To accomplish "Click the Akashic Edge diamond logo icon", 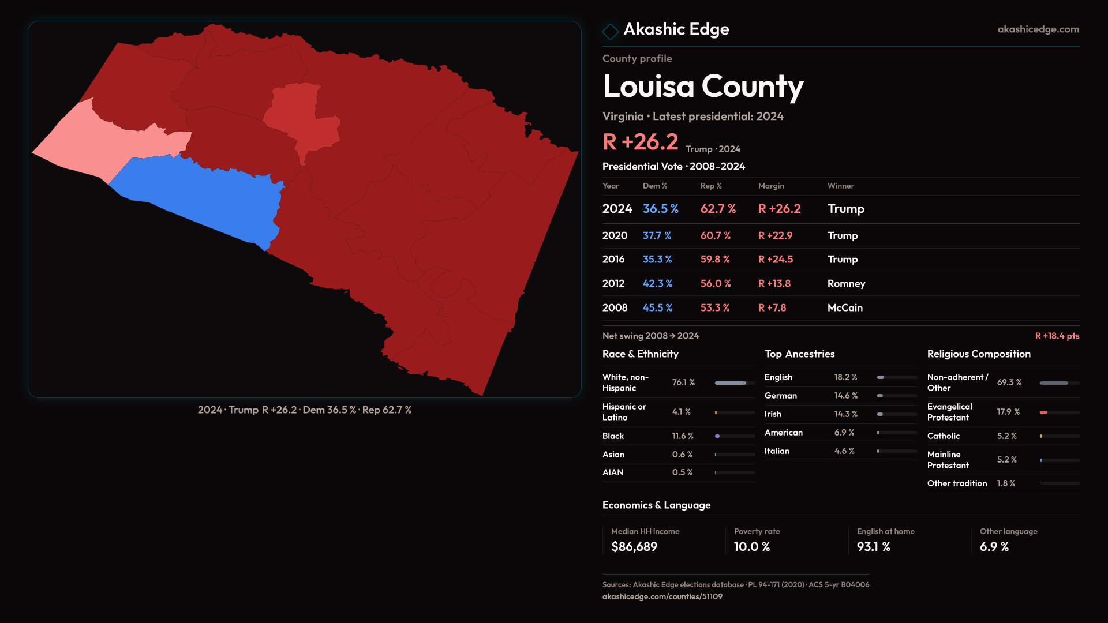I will (610, 31).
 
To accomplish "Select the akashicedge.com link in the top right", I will (1038, 29).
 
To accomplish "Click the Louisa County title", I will (703, 87).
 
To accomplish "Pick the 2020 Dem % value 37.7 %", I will (657, 236).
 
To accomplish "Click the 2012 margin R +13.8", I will (774, 284).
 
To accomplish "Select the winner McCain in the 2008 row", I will (845, 308).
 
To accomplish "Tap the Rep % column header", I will (711, 186).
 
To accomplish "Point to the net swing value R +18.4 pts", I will (1057, 336).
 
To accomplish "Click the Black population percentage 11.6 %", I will (683, 436).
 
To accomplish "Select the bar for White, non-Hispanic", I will (731, 383).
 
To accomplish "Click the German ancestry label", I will (780, 396).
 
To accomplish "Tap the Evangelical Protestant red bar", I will (1043, 412).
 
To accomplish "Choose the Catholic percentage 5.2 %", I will (1006, 436).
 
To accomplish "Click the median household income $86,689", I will (634, 547).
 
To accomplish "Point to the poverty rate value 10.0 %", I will (751, 547).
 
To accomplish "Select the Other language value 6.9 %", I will (994, 547).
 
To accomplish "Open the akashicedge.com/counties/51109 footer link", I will (662, 596).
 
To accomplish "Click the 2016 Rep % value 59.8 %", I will (715, 260).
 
